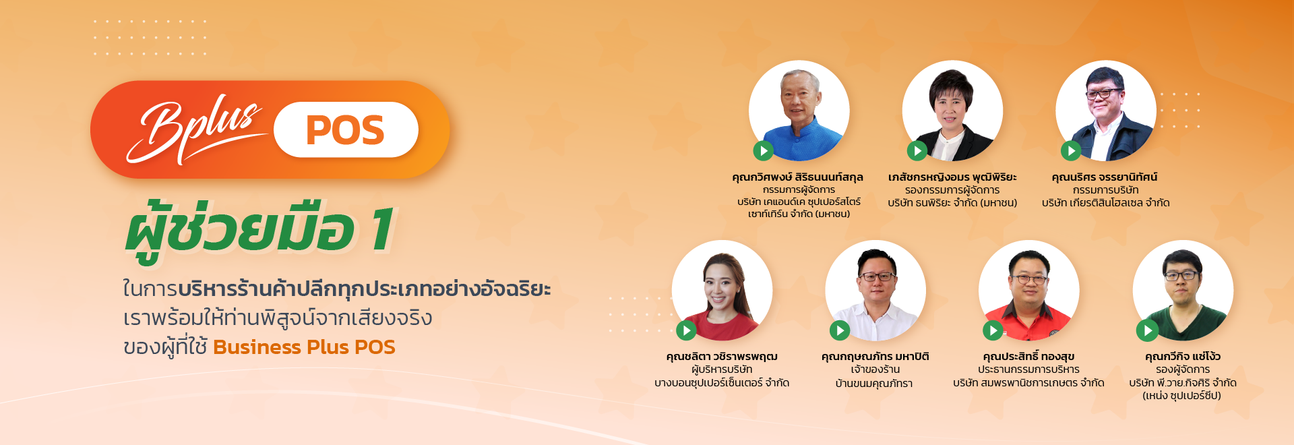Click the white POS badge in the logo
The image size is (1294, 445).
coord(346,129)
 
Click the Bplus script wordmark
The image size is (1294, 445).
coord(195,132)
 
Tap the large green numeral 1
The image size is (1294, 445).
coord(383,229)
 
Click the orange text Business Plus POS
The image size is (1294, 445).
coord(304,347)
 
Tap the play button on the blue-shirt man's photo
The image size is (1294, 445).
coord(763,151)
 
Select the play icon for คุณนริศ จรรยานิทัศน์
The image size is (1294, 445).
coord(1071,151)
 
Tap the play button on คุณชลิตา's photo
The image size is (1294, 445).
coord(686,330)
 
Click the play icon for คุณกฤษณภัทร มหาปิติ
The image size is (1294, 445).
coord(840,330)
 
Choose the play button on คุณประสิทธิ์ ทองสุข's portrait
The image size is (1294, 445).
coord(993,330)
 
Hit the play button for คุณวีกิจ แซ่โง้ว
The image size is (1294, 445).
coord(1147,330)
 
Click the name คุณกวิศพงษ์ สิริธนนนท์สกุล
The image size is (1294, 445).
coord(798,177)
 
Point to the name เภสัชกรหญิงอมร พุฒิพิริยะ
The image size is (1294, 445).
coord(952,177)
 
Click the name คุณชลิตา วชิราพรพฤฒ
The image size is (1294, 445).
coord(722,357)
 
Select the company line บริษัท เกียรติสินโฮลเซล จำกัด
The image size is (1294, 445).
coord(1105,203)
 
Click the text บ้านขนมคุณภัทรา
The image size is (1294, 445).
coord(874,384)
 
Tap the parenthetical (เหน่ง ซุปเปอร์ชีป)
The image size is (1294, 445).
coord(1182,396)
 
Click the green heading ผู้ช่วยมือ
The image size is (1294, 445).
coord(240,229)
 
